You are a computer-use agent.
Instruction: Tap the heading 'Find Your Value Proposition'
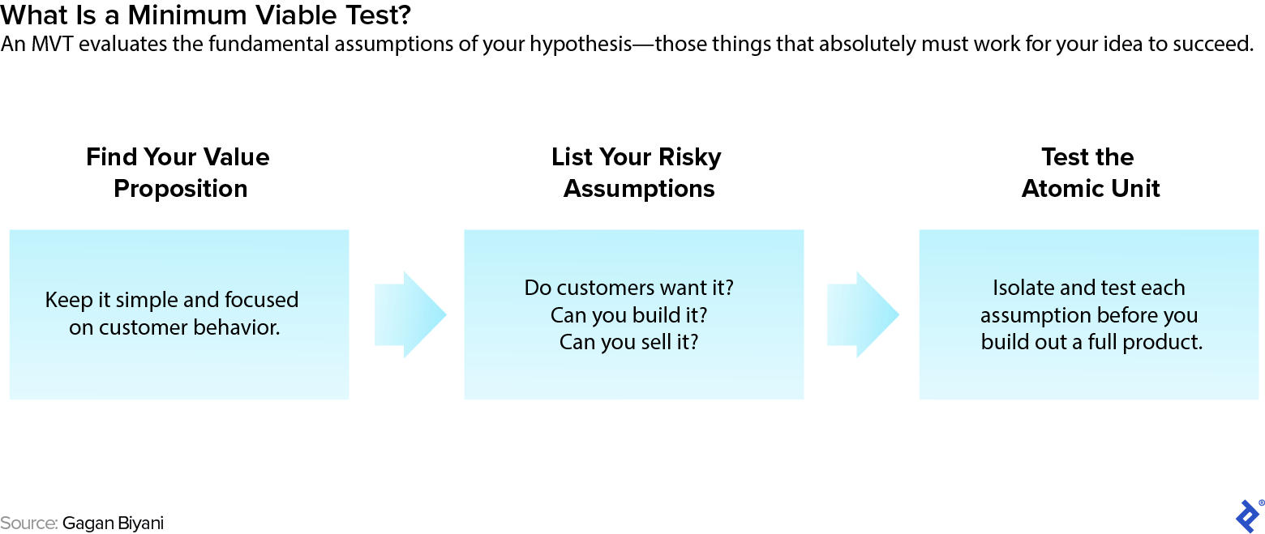(178, 173)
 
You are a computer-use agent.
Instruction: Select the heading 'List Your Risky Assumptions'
(637, 173)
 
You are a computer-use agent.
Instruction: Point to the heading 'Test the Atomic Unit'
(1090, 173)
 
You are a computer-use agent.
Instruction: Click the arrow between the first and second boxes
(410, 314)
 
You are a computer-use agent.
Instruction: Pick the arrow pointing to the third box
(863, 314)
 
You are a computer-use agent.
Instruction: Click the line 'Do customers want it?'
(628, 288)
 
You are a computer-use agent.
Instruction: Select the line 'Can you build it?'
(628, 314)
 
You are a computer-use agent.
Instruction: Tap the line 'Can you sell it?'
(628, 342)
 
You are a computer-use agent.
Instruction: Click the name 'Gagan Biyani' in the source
(113, 523)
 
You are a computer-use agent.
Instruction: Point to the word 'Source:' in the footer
(28, 523)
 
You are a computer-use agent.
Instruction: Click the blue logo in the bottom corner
(1247, 515)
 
